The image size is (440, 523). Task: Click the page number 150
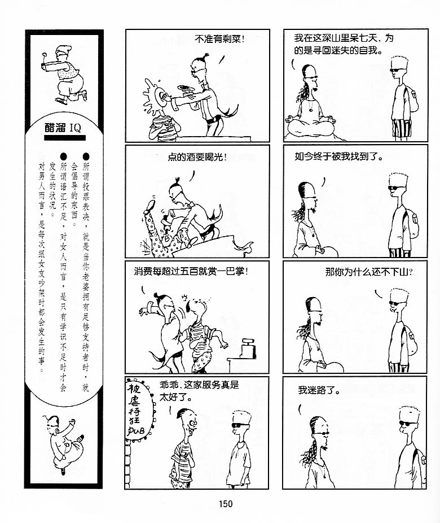226,504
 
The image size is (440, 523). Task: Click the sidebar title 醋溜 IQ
63,128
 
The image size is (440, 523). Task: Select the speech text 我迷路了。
319,390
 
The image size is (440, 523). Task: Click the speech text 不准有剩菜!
219,39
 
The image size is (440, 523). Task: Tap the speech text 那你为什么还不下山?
369,272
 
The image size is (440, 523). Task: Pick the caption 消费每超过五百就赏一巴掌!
191,271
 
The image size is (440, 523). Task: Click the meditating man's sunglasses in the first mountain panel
312,77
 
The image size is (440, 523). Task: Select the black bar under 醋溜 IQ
65,137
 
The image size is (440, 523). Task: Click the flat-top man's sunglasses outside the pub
240,425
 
